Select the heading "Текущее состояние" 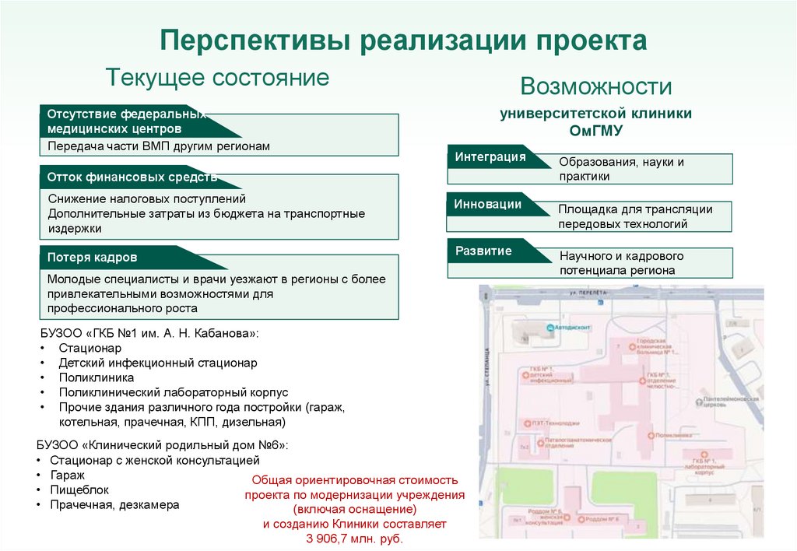pos(217,78)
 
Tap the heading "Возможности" pos(596,86)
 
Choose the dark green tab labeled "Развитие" pos(483,251)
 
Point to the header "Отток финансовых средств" pos(132,177)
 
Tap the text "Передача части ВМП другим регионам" pos(159,146)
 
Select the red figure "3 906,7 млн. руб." pos(355,539)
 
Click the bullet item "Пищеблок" pos(80,490)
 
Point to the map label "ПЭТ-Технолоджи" pos(556,423)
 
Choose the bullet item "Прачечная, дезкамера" pos(114,505)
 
